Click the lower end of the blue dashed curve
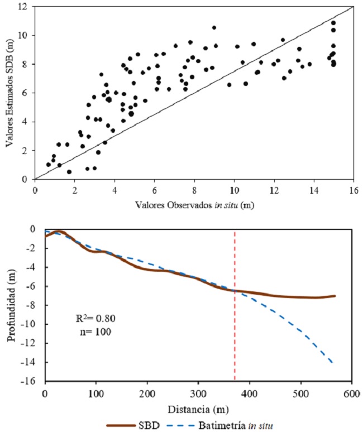pos(333,363)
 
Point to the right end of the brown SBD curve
pos(335,296)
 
